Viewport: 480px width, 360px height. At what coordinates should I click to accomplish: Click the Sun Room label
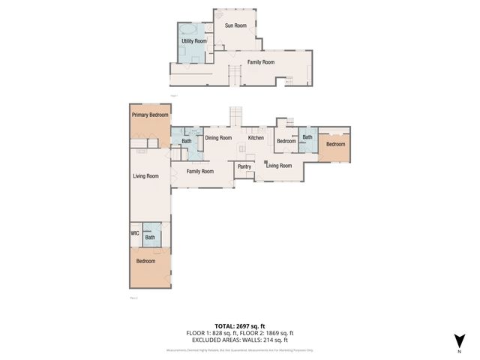[x=235, y=25]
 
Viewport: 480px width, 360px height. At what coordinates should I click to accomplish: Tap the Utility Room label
[x=194, y=40]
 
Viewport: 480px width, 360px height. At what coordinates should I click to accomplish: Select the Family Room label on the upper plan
[x=261, y=61]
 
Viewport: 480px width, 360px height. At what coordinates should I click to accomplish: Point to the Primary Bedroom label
[x=150, y=115]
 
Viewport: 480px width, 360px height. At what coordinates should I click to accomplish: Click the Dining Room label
[x=217, y=138]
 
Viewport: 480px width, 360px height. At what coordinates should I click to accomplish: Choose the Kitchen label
[x=256, y=138]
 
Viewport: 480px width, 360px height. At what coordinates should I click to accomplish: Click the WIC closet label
[x=135, y=233]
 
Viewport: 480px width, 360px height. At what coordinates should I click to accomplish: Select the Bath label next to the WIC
[x=150, y=238]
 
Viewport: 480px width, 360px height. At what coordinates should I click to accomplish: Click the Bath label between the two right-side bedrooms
[x=307, y=137]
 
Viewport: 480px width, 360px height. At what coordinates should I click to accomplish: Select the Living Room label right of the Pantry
[x=279, y=166]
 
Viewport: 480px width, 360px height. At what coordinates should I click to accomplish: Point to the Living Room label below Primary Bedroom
[x=145, y=176]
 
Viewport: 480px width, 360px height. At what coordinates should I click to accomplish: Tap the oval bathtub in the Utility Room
[x=189, y=29]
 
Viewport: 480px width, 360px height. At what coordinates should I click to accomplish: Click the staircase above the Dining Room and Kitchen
[x=237, y=115]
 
